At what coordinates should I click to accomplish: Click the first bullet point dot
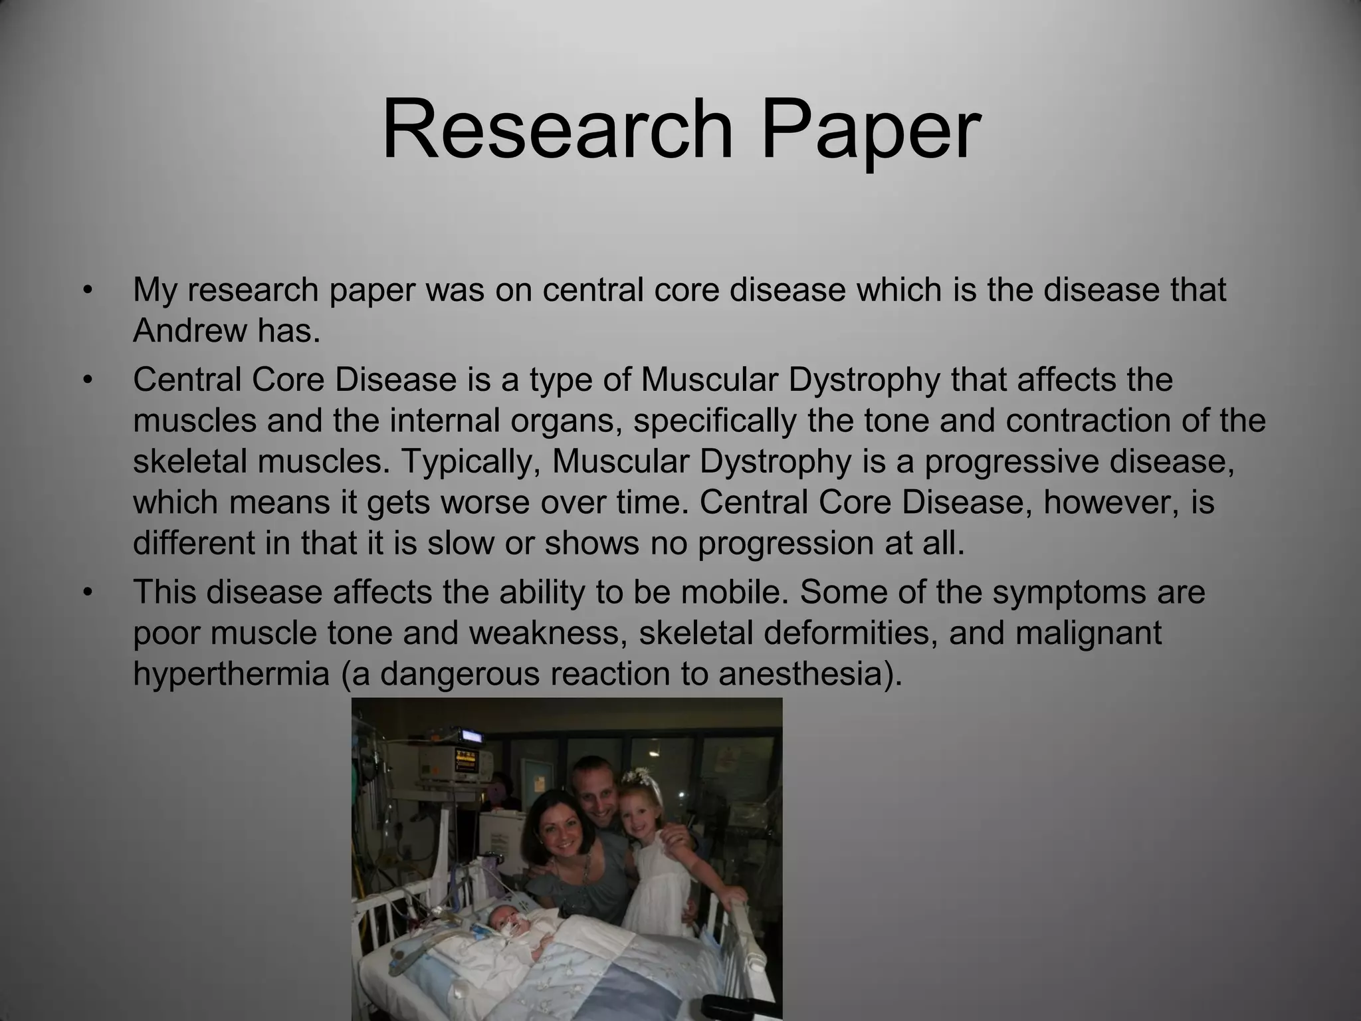[x=86, y=290]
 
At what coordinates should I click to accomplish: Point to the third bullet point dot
[x=86, y=592]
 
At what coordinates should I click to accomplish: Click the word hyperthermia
[x=231, y=673]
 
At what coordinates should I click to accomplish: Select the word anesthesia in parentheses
[x=803, y=673]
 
